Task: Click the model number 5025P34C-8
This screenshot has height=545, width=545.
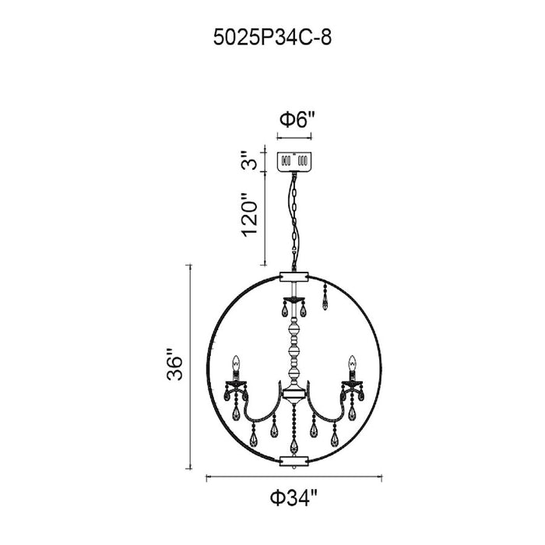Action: pyautogui.click(x=272, y=37)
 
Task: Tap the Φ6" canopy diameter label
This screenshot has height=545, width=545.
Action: pyautogui.click(x=297, y=120)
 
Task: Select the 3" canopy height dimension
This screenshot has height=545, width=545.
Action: pyautogui.click(x=249, y=160)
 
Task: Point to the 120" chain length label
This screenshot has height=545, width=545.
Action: pyautogui.click(x=250, y=215)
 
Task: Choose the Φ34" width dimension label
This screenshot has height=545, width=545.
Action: pyautogui.click(x=294, y=498)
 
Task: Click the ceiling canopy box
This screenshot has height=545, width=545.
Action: pyautogui.click(x=294, y=161)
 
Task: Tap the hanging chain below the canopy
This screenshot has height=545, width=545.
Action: pyautogui.click(x=295, y=221)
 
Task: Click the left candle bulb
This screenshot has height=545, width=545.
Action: pyautogui.click(x=237, y=364)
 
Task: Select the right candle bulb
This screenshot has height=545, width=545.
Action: pyautogui.click(x=353, y=364)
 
